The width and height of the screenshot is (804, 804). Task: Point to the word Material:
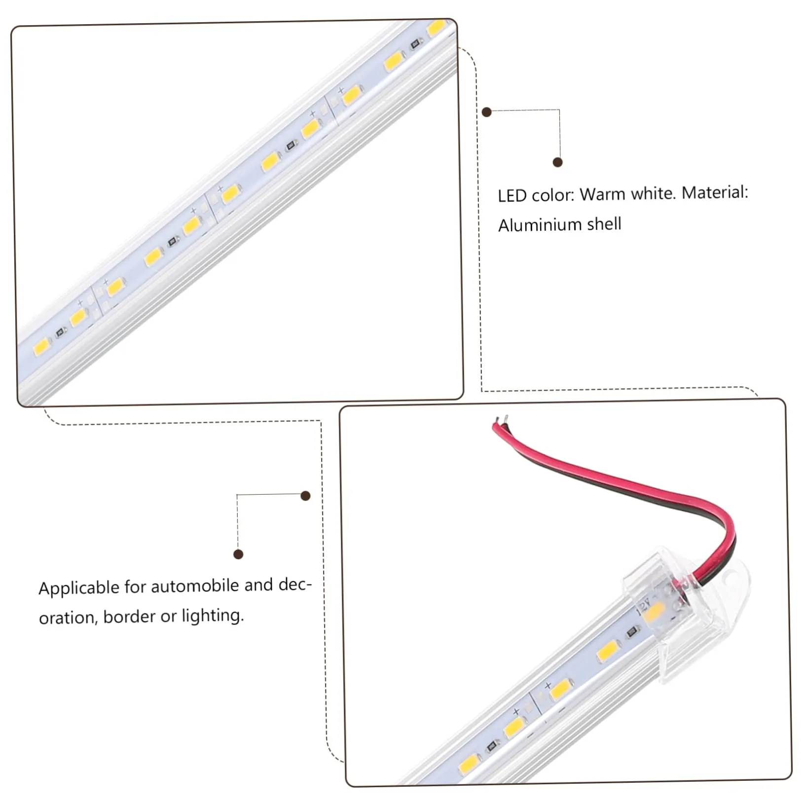click(715, 192)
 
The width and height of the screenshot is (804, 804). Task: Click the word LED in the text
click(512, 196)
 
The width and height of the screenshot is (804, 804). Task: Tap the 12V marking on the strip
click(644, 605)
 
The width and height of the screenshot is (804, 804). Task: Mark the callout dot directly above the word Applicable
click(238, 554)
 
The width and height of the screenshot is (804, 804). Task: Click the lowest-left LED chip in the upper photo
click(42, 347)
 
